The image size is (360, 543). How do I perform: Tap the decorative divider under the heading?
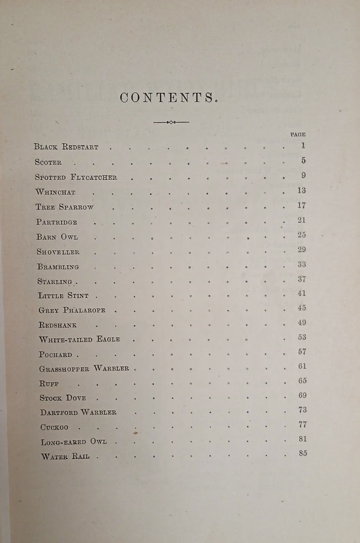171,122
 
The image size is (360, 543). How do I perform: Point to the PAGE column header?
297,135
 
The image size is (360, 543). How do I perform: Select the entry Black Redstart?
66,147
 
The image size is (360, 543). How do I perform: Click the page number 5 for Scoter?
303,160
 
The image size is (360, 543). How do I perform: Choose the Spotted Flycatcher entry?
76,177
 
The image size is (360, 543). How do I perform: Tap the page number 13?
302,190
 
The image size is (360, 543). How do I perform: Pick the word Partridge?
57,222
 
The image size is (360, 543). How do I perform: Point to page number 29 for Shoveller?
302,249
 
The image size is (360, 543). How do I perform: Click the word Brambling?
58,266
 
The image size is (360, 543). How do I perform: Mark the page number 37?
302,279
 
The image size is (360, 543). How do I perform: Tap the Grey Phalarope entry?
75,310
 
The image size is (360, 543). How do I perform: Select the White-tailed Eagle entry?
80,339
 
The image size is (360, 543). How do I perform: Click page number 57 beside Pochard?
302,351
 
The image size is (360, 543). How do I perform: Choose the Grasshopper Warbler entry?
84,369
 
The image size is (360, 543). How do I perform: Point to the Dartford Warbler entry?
78,412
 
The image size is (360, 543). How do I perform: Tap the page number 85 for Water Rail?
302,453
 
